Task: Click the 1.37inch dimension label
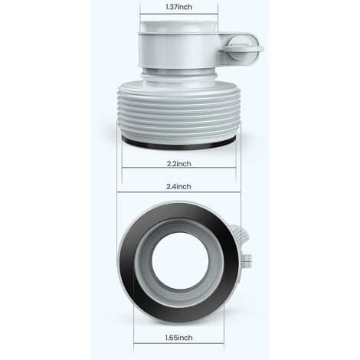(x=179, y=7)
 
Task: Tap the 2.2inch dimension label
(x=179, y=163)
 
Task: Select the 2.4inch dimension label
(x=178, y=186)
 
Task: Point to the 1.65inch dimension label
(x=178, y=338)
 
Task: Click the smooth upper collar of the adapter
(x=178, y=50)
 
